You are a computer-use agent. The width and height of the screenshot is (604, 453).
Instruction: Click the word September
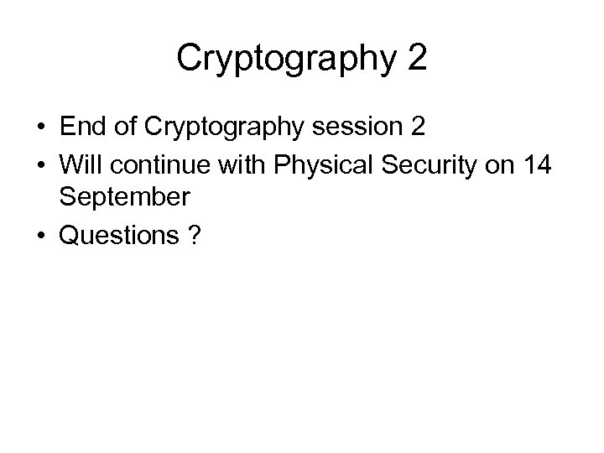coord(124,198)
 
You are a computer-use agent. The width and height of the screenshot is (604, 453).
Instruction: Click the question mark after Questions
coord(195,236)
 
